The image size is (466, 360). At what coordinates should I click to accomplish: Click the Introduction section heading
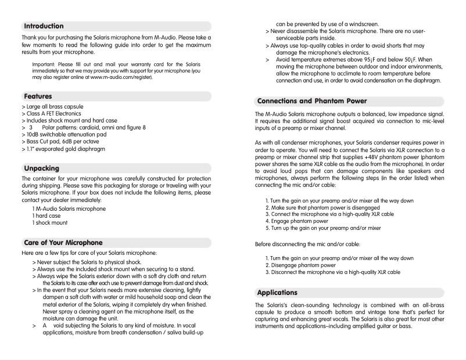point(44,26)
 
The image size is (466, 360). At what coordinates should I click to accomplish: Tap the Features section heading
point(38,96)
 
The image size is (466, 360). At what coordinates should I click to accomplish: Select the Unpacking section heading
point(42,168)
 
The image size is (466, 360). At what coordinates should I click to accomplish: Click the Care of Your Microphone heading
point(63,242)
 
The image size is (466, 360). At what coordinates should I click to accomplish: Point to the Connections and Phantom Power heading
point(312,100)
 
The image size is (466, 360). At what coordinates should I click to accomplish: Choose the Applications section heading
point(277,292)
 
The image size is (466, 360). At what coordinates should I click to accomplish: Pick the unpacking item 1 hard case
point(46,215)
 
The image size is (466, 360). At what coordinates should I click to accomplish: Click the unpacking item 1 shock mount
point(50,222)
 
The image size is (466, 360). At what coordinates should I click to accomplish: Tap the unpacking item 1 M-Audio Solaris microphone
point(69,208)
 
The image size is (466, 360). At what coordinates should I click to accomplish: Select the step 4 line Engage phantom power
point(297,221)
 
